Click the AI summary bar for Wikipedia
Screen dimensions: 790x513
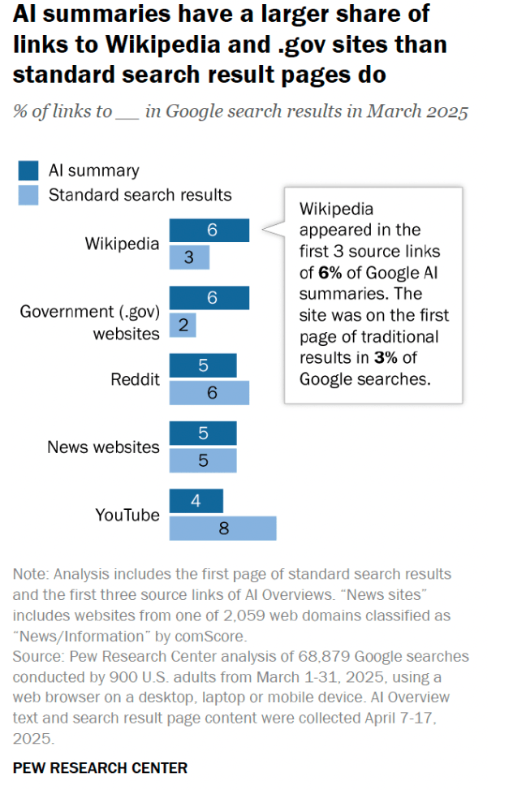click(209, 231)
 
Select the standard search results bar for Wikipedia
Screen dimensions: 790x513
click(189, 257)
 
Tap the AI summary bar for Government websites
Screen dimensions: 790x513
click(209, 298)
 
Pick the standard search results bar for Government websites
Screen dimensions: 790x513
click(183, 326)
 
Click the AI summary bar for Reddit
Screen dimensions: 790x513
click(203, 365)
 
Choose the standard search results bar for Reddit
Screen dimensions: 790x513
click(209, 392)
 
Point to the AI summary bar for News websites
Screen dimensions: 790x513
click(203, 434)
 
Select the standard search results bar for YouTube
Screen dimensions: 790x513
click(222, 528)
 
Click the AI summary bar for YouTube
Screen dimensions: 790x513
click(196, 501)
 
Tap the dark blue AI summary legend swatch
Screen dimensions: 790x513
click(28, 171)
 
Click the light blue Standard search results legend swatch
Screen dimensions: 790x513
click(28, 195)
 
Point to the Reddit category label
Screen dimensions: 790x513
click(135, 379)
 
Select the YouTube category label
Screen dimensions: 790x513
click(127, 515)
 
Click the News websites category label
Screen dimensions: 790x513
click(103, 447)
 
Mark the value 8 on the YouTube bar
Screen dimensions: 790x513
click(224, 528)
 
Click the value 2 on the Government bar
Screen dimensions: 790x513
click(183, 326)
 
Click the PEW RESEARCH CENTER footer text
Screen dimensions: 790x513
click(100, 767)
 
